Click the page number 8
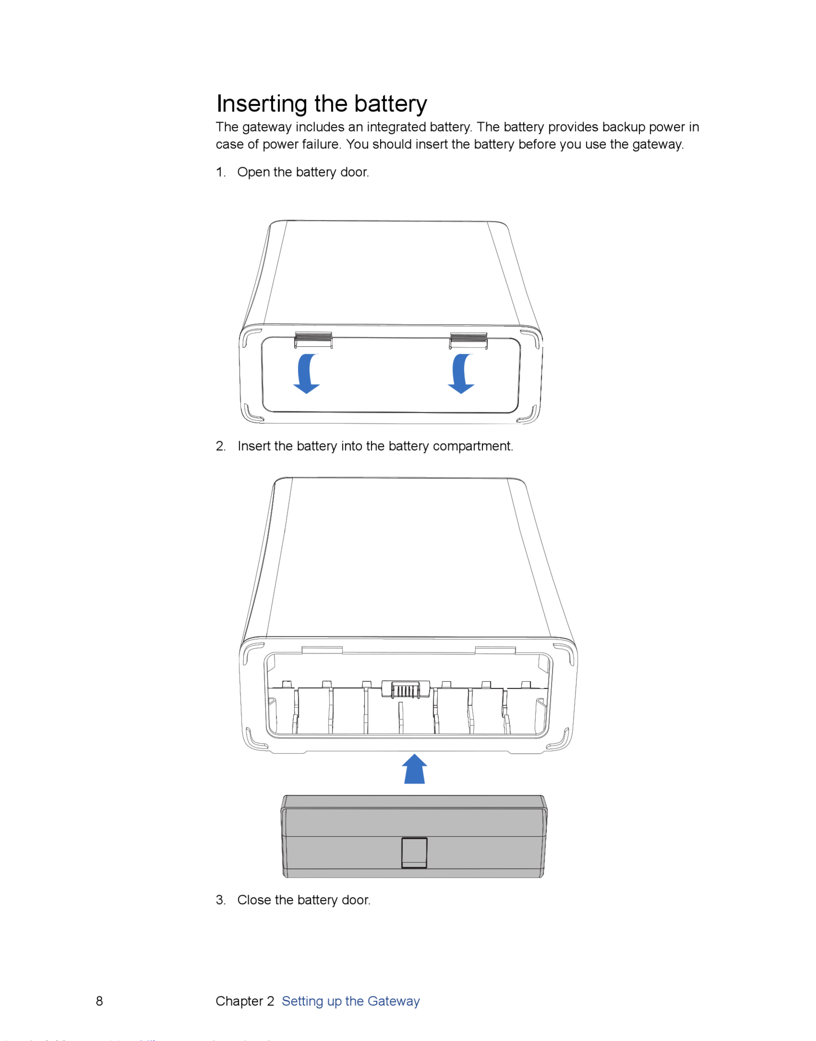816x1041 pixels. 99,1001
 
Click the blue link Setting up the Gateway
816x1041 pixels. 351,1001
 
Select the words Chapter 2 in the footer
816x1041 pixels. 245,1001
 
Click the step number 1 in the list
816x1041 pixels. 220,172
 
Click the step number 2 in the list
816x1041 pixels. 220,446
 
